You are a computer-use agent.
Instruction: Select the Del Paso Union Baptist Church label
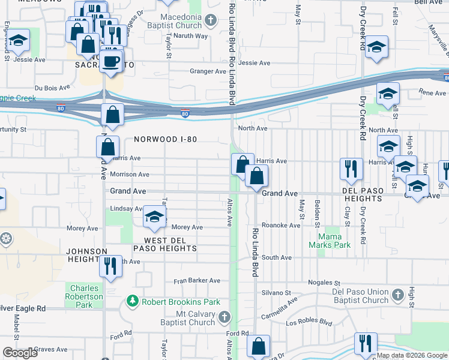pos(360,296)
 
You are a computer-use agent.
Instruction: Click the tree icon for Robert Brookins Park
pos(132,299)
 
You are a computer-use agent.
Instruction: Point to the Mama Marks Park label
pos(329,241)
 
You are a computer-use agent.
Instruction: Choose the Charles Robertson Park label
pos(85,296)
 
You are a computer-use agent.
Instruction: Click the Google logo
pos(20,353)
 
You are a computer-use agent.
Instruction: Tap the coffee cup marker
pos(111,61)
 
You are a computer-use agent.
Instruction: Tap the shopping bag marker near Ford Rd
pos(258,346)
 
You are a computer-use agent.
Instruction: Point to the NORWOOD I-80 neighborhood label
pos(165,139)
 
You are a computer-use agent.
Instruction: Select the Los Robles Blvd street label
pos(309,322)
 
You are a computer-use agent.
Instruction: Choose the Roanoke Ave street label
pos(286,225)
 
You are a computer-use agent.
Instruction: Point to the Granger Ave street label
pos(208,71)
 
